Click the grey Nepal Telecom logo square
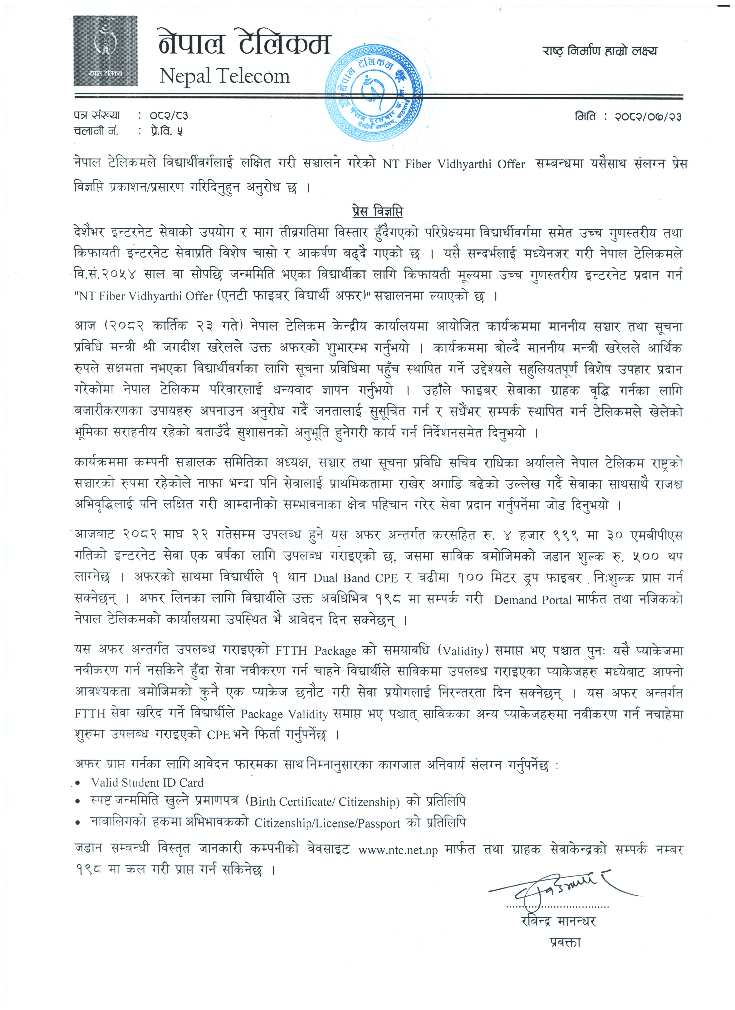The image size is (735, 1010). [x=106, y=51]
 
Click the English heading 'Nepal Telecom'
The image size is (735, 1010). [x=225, y=76]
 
